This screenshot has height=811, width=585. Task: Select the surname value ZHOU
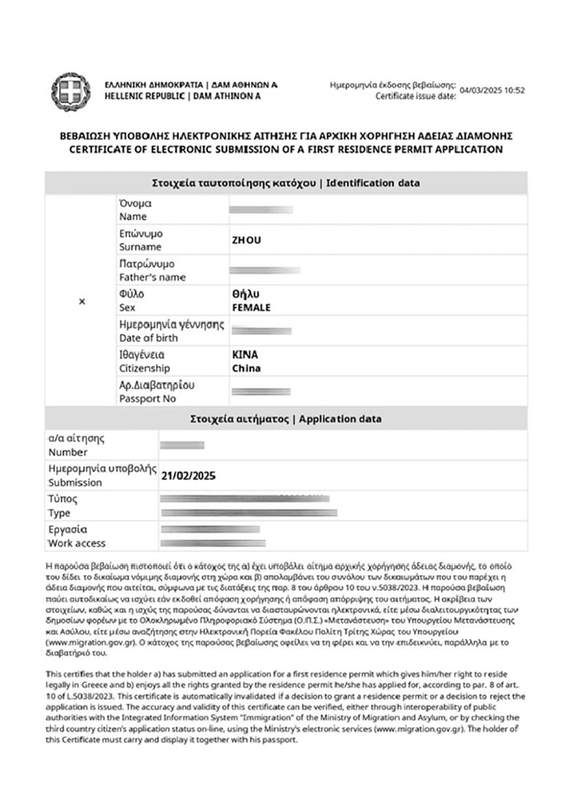(x=246, y=240)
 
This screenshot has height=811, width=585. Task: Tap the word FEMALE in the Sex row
(x=251, y=307)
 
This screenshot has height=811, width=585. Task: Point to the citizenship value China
(x=246, y=368)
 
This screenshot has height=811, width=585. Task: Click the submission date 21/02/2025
(x=188, y=476)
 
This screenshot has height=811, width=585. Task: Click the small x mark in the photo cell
(x=81, y=301)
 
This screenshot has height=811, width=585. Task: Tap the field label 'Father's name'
(x=152, y=277)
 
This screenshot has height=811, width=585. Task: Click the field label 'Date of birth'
(x=148, y=338)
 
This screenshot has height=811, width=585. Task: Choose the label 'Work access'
(x=77, y=543)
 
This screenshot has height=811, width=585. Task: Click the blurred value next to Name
(x=261, y=210)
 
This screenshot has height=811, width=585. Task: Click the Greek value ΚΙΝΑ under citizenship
(x=244, y=354)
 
